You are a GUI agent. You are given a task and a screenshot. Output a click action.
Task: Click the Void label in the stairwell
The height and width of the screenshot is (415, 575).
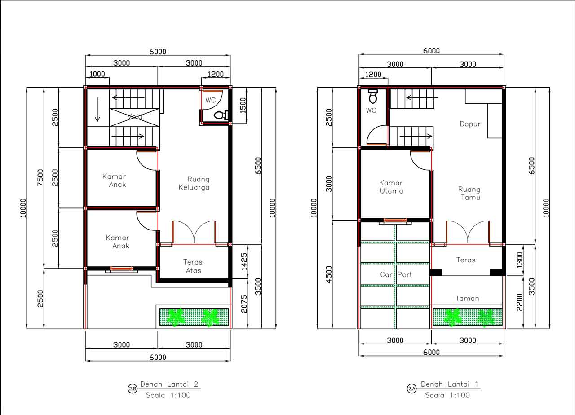point(135,116)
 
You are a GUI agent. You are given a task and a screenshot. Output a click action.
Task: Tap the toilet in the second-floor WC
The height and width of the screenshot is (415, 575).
point(221,115)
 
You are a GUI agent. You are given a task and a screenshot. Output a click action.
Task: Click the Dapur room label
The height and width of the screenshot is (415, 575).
point(470,124)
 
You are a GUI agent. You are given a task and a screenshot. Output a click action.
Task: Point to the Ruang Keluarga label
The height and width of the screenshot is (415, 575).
point(195,183)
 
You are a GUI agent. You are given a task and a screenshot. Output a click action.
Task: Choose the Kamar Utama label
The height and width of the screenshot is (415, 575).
point(391,187)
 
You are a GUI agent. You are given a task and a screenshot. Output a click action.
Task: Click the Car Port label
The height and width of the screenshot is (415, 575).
point(396,274)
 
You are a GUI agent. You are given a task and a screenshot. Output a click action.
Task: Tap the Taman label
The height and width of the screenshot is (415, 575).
point(467,299)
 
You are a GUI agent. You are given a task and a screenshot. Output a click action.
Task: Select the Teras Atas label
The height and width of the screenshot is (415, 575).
point(193,266)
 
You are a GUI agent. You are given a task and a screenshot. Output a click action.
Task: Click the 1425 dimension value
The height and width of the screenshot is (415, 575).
point(244,261)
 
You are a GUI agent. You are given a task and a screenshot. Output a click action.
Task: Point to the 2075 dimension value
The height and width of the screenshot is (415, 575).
point(244,304)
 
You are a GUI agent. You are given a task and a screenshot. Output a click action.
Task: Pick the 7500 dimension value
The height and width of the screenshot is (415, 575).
point(40,177)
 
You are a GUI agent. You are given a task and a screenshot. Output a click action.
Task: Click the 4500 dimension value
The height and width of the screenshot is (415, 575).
point(328,274)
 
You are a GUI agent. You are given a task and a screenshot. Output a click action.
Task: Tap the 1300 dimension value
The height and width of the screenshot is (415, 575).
point(520,260)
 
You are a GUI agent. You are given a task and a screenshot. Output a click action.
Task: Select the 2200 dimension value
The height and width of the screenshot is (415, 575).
point(520,302)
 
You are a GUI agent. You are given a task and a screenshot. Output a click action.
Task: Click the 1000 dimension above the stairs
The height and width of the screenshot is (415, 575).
point(97,74)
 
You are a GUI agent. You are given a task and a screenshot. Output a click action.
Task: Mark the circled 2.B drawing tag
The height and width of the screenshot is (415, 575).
point(133,389)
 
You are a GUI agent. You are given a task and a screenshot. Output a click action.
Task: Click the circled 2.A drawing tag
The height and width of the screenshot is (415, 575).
point(412,389)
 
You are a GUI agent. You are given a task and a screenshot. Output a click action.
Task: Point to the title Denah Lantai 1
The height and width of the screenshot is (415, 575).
point(449,384)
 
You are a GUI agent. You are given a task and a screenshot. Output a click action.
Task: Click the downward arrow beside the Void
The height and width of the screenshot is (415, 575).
point(97,110)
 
